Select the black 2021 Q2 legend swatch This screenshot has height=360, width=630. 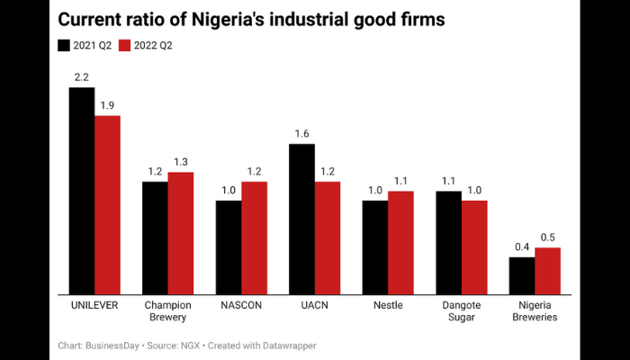pyautogui.click(x=64, y=45)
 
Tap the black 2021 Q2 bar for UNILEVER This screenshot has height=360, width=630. pyautogui.click(x=82, y=190)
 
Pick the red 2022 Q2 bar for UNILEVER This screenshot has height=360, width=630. pyautogui.click(x=107, y=204)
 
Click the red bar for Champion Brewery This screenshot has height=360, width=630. pyautogui.click(x=181, y=232)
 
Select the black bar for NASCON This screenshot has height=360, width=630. pyautogui.click(x=229, y=247)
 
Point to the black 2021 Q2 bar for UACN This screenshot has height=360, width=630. pyautogui.click(x=302, y=218)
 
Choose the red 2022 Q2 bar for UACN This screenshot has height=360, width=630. pyautogui.click(x=328, y=237)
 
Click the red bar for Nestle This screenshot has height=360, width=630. pyautogui.click(x=401, y=241)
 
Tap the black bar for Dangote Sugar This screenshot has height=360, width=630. pyautogui.click(x=449, y=241)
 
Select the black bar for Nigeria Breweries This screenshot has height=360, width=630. pyautogui.click(x=522, y=274)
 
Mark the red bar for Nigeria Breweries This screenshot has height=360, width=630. pyautogui.click(x=548, y=270)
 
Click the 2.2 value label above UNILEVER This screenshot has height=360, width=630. pyautogui.click(x=82, y=78)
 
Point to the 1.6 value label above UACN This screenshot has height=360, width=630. pyautogui.click(x=302, y=134)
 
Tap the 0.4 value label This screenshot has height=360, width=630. pyautogui.click(x=522, y=247)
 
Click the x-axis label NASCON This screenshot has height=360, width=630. pyautogui.click(x=241, y=305)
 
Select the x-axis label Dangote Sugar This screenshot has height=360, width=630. pyautogui.click(x=462, y=311)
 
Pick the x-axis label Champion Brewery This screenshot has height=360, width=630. pyautogui.click(x=167, y=311)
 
